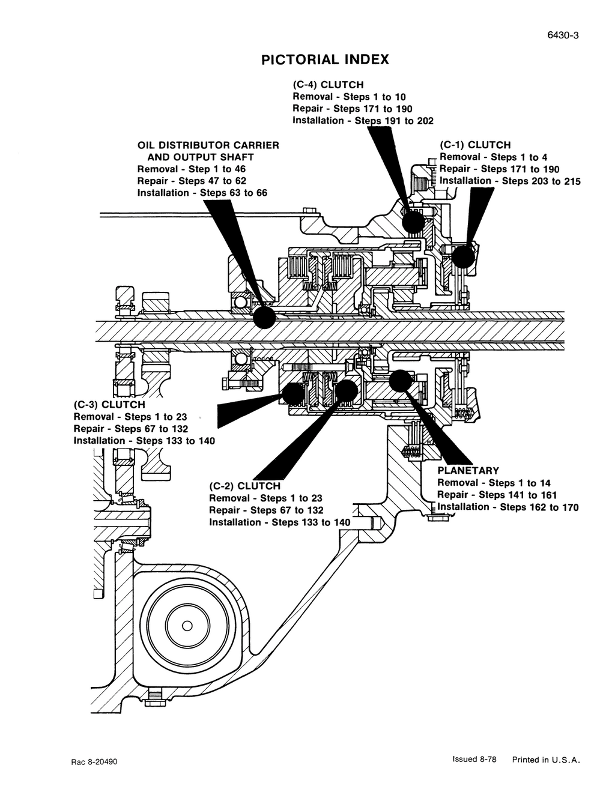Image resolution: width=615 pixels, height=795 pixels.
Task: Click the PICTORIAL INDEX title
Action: (325, 59)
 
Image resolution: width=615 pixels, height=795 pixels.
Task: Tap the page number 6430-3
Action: (563, 35)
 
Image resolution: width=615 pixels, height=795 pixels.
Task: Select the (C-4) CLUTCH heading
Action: (328, 85)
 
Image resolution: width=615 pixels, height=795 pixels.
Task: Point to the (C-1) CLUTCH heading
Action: (475, 145)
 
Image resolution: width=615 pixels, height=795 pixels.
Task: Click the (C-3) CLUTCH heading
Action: (109, 405)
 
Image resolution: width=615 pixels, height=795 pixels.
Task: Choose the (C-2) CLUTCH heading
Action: (245, 486)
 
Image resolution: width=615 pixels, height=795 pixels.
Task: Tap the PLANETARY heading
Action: (468, 471)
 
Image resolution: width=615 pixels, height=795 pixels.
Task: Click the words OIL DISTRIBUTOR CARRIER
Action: (208, 145)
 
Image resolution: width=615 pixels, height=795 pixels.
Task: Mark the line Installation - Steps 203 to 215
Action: (510, 181)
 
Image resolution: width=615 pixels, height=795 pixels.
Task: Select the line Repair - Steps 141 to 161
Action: (497, 495)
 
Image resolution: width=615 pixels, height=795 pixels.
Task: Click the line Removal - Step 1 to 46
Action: (192, 169)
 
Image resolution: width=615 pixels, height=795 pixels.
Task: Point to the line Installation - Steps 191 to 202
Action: (363, 121)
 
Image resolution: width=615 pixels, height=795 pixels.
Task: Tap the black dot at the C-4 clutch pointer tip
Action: (413, 222)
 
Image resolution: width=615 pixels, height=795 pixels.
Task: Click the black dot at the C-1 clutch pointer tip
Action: (463, 257)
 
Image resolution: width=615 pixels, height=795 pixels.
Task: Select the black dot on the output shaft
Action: (264, 317)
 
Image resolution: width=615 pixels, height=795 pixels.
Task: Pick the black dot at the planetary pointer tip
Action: (400, 381)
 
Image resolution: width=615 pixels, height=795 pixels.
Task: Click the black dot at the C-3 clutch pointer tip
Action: (294, 393)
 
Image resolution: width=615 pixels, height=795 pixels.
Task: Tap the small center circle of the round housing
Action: (187, 626)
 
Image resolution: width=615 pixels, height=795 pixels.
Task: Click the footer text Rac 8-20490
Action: (94, 762)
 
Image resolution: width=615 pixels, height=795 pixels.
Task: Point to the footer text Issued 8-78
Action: (474, 759)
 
